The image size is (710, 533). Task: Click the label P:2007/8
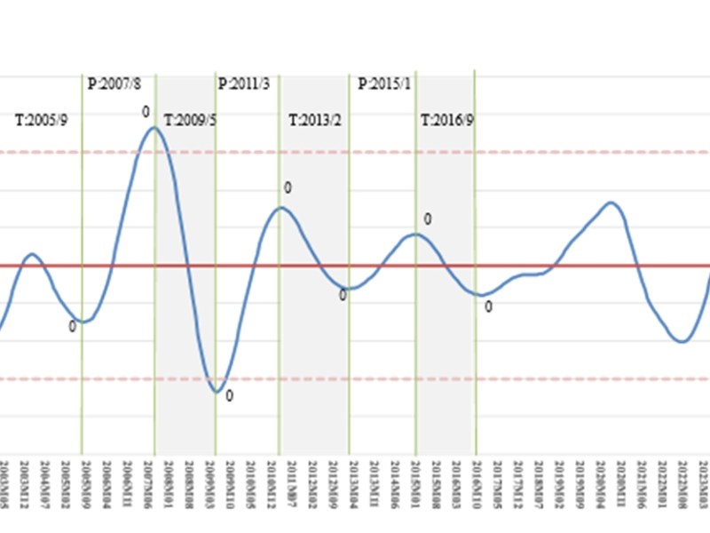[x=115, y=84]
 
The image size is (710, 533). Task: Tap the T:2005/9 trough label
[x=42, y=120]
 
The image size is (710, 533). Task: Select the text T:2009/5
[x=190, y=120]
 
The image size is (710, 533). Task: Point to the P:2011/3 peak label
[x=244, y=84]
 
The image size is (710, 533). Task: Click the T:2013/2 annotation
[x=314, y=120]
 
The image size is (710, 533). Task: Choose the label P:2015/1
[x=384, y=84]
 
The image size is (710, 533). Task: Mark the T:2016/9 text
[x=447, y=120]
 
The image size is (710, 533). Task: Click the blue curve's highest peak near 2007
[x=154, y=128]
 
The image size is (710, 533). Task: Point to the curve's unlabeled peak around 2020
[x=611, y=203]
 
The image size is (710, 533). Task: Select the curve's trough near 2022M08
[x=682, y=341]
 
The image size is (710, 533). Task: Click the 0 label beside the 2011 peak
[x=288, y=188]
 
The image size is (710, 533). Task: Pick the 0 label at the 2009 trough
[x=229, y=396]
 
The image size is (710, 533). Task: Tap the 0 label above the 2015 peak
[x=427, y=219]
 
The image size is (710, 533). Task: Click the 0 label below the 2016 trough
[x=488, y=307]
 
